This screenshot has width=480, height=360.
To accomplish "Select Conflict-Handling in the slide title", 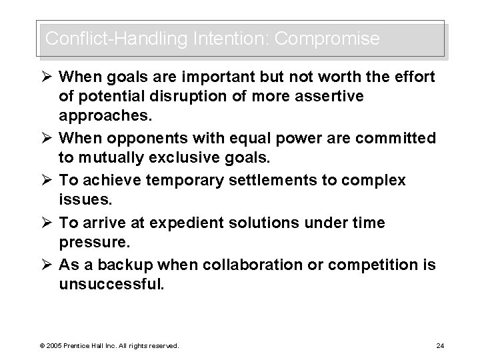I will (115, 39).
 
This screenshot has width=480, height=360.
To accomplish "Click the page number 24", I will (439, 345).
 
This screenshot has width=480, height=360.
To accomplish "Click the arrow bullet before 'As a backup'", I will (49, 265).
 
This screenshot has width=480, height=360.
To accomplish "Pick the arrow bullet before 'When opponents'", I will (49, 138).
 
